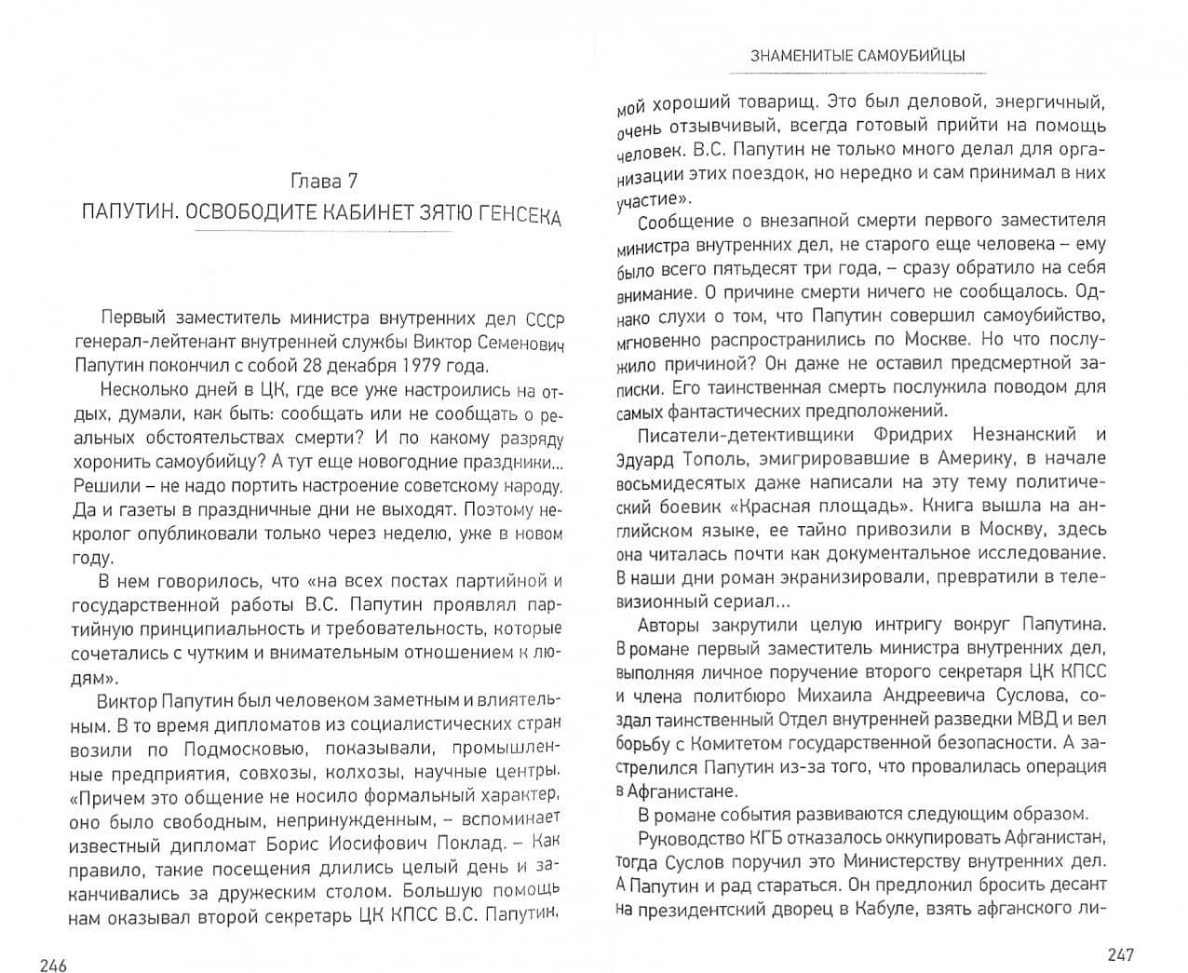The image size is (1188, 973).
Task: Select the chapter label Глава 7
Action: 323,181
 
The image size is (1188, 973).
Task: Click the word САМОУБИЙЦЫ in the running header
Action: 917,56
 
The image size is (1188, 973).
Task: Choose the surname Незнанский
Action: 1024,434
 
